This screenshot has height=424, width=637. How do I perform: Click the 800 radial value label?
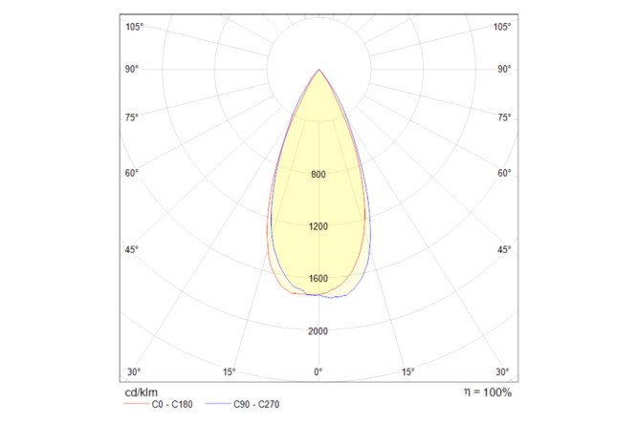click(318, 175)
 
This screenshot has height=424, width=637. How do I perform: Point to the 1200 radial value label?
click(318, 227)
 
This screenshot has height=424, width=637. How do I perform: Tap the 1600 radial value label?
click(318, 279)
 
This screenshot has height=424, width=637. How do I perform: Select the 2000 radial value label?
click(318, 331)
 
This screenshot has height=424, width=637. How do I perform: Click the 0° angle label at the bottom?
click(318, 371)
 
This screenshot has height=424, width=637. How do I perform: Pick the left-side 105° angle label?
click(135, 27)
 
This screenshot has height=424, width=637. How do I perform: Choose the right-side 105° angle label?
click(502, 27)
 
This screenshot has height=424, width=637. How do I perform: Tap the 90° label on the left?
click(131, 69)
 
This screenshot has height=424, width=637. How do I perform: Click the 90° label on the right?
click(505, 69)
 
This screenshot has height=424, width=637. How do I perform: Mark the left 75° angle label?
click(131, 117)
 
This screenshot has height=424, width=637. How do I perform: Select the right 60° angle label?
click(505, 173)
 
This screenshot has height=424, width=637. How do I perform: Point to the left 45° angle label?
click(131, 250)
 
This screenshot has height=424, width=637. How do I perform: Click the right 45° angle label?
click(505, 250)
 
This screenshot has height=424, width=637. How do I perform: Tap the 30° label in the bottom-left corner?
click(134, 371)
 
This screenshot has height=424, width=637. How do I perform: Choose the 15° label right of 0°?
click(408, 371)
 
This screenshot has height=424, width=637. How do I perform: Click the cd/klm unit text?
click(142, 392)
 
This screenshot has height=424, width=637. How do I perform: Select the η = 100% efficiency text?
click(486, 392)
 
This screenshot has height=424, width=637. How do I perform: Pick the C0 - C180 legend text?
click(172, 405)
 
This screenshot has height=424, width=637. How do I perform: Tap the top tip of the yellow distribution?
click(318, 71)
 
